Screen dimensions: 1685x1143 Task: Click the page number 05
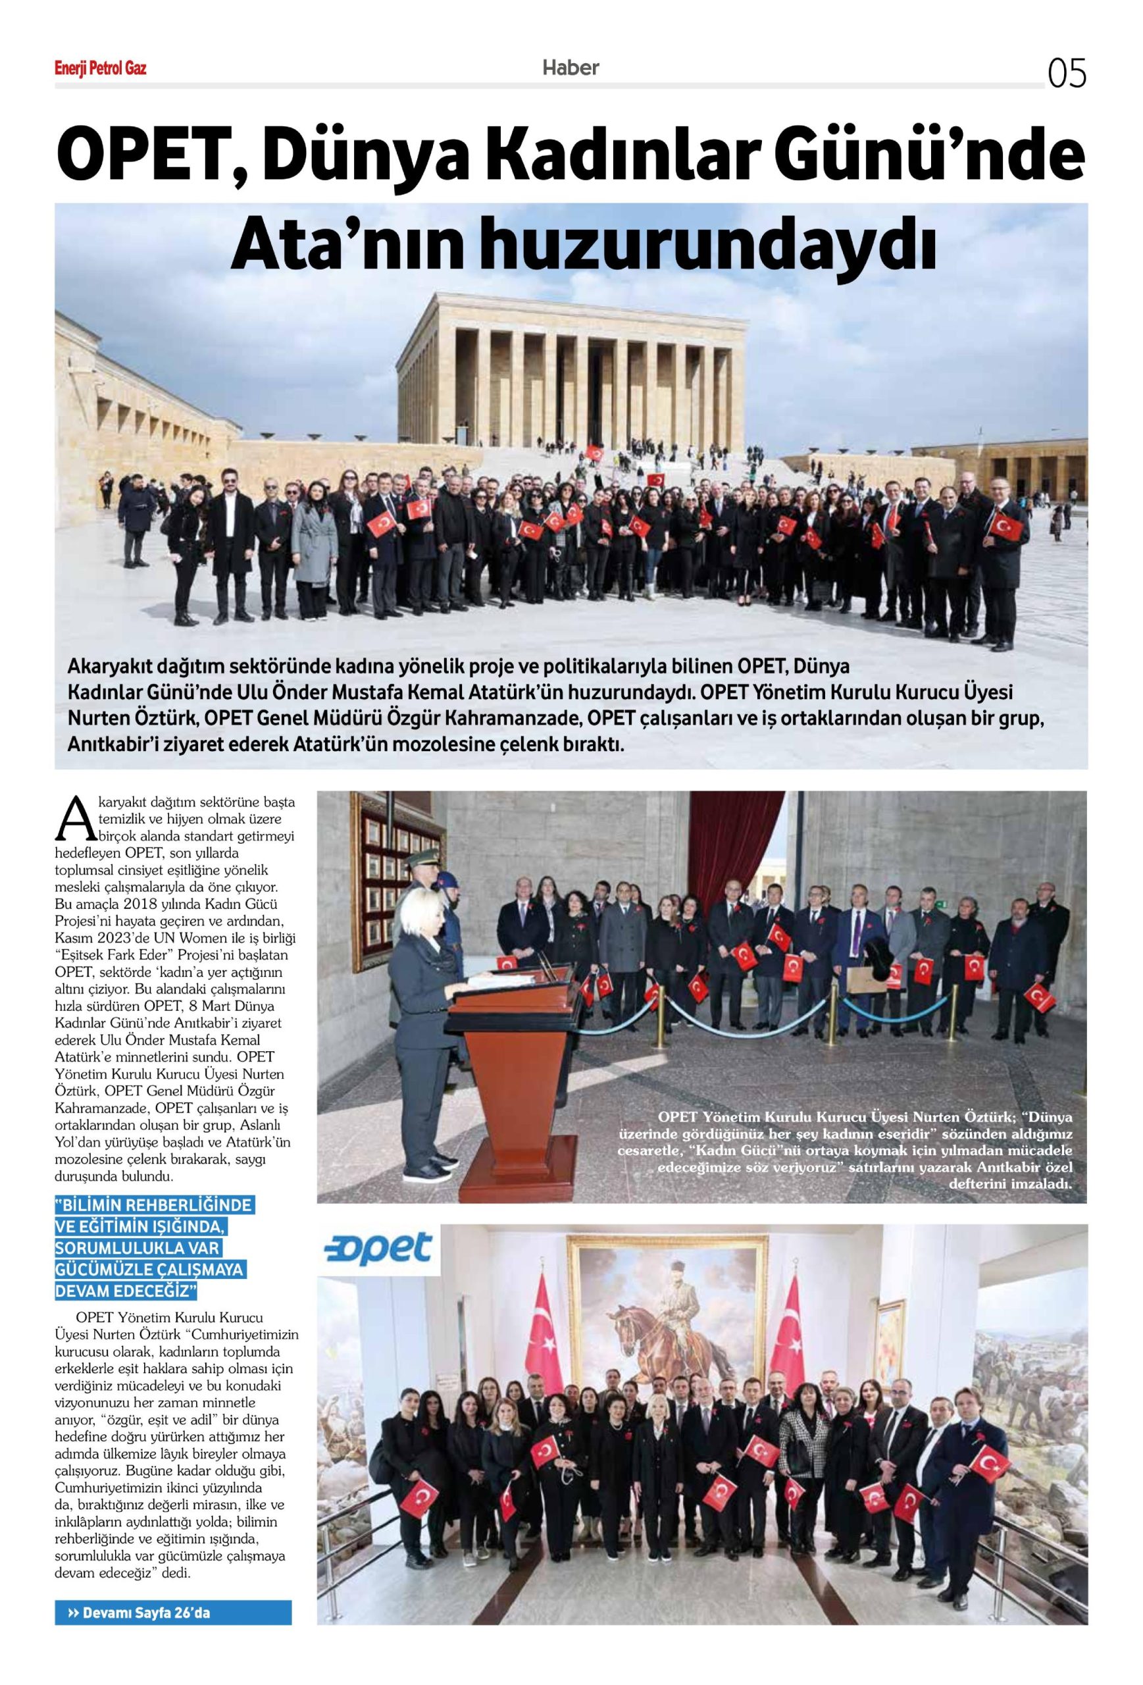1066,74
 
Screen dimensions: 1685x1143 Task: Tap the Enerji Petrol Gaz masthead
101,70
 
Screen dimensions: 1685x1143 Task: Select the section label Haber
571,68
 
